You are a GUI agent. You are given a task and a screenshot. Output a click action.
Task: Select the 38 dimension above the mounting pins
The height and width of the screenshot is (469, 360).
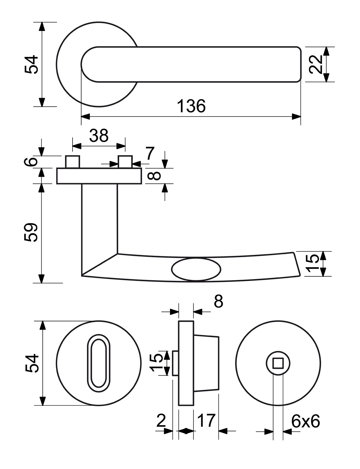pos(99,136)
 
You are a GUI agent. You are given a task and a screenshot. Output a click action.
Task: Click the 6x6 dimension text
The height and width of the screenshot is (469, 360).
pos(306,422)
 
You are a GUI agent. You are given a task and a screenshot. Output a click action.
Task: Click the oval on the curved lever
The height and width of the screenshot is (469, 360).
pos(196,269)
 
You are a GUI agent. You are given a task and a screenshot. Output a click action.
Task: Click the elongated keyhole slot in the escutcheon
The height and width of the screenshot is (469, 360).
pos(98,363)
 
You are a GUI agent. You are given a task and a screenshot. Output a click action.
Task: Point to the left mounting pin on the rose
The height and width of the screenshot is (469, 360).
pos(73,162)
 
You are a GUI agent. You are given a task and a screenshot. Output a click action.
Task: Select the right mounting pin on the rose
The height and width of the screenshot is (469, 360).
pos(125,162)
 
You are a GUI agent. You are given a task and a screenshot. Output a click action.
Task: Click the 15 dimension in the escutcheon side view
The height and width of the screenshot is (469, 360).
pos(156,363)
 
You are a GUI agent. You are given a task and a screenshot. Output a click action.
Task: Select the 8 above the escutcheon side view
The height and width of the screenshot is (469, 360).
pos(218,301)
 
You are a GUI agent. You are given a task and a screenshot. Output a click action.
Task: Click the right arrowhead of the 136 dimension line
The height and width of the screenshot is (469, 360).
pos(296,117)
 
